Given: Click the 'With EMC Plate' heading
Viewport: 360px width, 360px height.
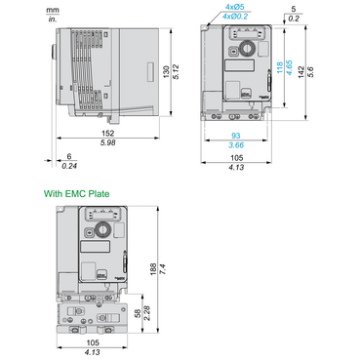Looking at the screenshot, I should [x=79, y=194].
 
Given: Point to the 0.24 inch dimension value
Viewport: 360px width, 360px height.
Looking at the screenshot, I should [x=67, y=164].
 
